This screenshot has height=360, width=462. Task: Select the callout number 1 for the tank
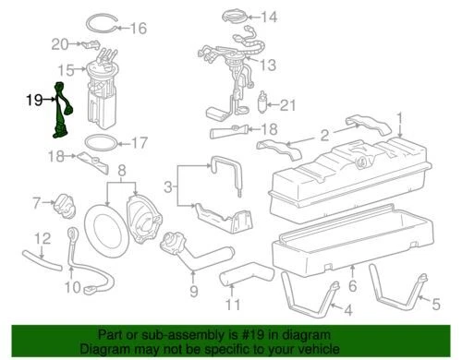click(x=401, y=117)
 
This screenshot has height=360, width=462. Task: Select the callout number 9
click(x=192, y=293)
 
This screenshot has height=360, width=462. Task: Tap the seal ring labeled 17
click(x=102, y=143)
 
